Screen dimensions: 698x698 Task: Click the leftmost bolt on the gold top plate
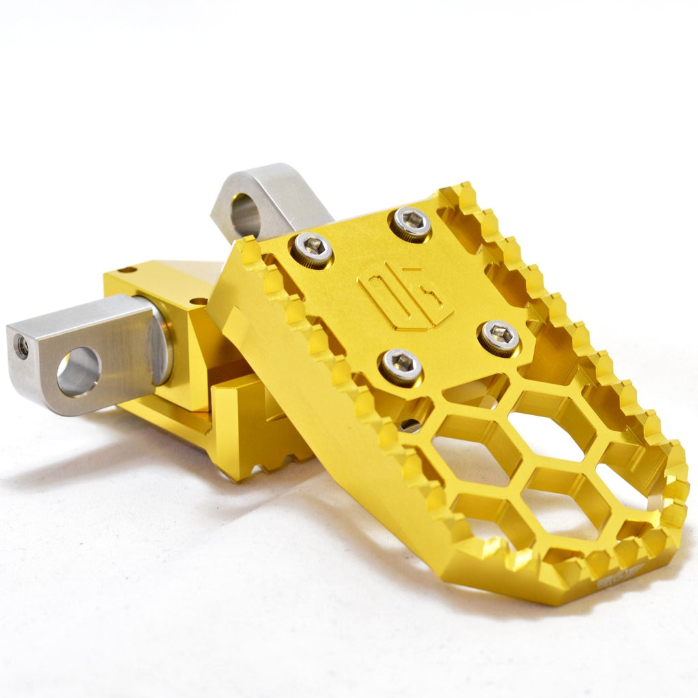coord(312,249)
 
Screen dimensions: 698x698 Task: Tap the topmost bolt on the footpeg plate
coord(410,223)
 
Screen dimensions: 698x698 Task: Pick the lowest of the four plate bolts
coord(400,366)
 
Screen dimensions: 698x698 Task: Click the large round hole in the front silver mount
coord(78,371)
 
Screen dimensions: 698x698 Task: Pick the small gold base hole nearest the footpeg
coord(198,301)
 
